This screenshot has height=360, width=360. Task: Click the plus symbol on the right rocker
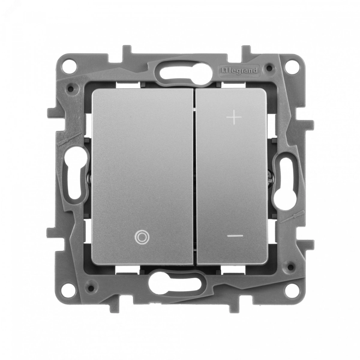point(234,117)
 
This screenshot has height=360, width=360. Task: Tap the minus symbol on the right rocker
point(235,236)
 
